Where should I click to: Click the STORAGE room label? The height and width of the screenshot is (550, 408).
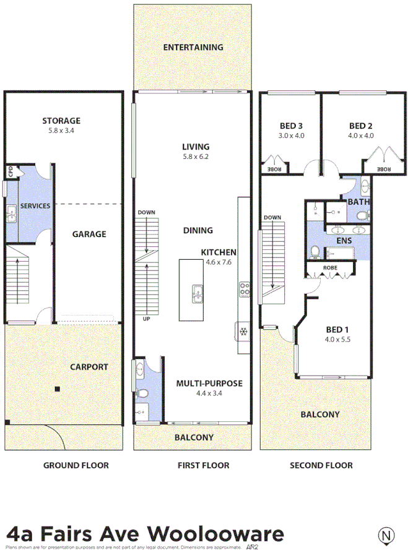click(61, 121)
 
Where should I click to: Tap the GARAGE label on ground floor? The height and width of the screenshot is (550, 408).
click(89, 234)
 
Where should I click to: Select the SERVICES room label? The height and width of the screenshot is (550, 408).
click(35, 205)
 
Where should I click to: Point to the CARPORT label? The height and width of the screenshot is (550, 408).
click(89, 367)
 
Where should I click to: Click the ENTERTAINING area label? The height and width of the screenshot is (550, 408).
click(193, 47)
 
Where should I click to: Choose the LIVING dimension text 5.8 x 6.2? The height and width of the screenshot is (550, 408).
click(196, 157)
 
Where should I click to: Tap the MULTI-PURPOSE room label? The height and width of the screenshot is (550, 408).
click(209, 384)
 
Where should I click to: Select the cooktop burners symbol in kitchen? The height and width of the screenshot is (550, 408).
click(244, 288)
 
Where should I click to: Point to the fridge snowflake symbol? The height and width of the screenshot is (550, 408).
click(243, 331)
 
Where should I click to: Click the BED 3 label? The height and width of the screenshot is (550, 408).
click(291, 126)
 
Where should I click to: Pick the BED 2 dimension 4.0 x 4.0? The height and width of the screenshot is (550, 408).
click(361, 135)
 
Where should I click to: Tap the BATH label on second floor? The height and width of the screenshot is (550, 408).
click(358, 202)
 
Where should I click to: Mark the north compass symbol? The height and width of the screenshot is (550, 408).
click(386, 535)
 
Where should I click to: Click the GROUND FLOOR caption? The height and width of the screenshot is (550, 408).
click(76, 465)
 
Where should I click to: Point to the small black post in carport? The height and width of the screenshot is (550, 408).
click(57, 389)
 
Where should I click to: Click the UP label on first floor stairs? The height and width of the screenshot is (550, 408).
click(147, 319)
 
